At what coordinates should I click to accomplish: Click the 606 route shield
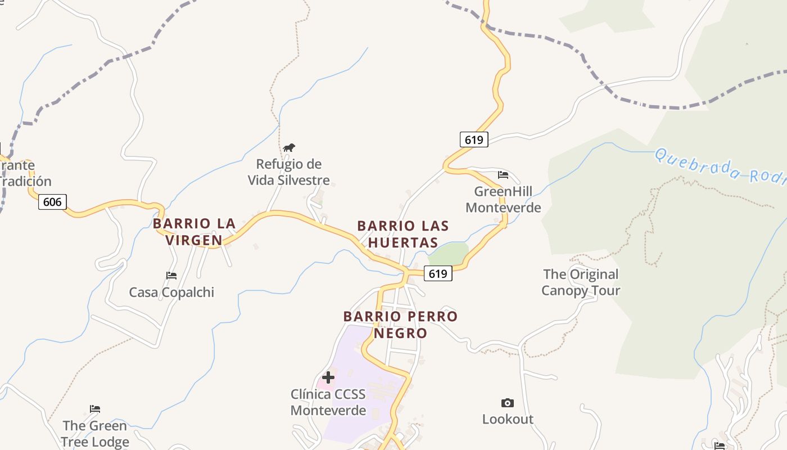tap(52, 201)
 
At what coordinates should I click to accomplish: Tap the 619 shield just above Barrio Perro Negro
tap(437, 273)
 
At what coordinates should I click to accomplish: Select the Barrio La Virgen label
tap(194, 232)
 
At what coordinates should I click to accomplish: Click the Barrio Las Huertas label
tap(403, 234)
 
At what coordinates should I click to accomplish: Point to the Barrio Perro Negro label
tap(400, 325)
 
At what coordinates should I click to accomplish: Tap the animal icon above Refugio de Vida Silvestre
tap(289, 148)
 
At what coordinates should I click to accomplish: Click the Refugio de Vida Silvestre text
tap(289, 172)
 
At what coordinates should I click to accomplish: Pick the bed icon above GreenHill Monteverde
tap(503, 175)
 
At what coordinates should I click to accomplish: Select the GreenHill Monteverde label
tap(503, 200)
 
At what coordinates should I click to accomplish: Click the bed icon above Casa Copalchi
tap(171, 275)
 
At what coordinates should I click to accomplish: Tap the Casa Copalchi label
tap(171, 292)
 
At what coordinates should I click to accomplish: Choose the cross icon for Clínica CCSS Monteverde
tap(328, 377)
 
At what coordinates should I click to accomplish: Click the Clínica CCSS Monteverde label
tap(328, 402)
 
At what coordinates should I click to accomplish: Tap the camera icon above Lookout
tap(507, 403)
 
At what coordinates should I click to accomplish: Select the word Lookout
tap(508, 419)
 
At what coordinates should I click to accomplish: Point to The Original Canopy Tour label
tap(581, 282)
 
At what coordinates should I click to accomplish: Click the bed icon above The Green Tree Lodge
tap(95, 409)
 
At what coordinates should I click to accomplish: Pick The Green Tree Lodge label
tap(95, 434)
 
